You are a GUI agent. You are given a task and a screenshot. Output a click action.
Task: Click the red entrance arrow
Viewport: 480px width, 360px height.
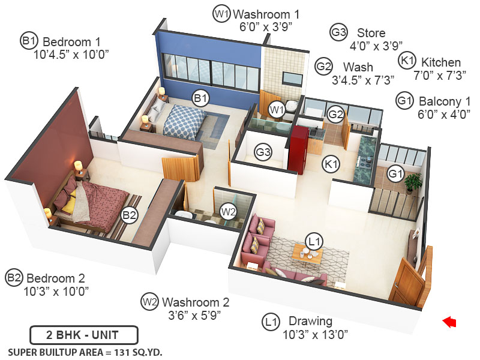tap(449, 323)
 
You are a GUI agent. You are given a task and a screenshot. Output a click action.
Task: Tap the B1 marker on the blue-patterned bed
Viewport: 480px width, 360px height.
tap(200, 97)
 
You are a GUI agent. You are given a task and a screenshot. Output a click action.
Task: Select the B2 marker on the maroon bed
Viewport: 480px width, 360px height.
tap(130, 215)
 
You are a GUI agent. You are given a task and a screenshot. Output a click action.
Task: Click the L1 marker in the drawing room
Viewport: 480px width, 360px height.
tap(314, 241)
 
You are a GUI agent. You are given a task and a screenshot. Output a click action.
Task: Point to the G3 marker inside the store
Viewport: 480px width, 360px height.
tap(263, 152)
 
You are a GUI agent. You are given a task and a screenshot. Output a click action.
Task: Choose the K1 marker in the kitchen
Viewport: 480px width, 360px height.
tap(331, 163)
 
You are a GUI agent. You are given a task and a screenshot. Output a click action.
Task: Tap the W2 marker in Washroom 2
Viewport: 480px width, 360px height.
tap(228, 211)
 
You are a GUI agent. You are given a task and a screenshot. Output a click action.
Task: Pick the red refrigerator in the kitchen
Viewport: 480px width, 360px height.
tap(298, 148)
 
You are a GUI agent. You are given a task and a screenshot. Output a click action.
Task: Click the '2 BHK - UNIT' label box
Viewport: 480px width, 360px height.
tap(84, 334)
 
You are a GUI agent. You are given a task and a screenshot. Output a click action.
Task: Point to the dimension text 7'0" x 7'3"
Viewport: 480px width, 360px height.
tap(429, 76)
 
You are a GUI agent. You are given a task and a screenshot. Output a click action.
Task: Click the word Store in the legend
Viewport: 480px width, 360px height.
tap(371, 32)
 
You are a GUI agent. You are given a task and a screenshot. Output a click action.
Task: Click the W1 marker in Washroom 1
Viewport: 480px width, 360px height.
tap(277, 109)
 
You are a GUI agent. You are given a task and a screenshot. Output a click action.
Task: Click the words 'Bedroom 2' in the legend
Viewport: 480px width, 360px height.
tap(56, 278)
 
